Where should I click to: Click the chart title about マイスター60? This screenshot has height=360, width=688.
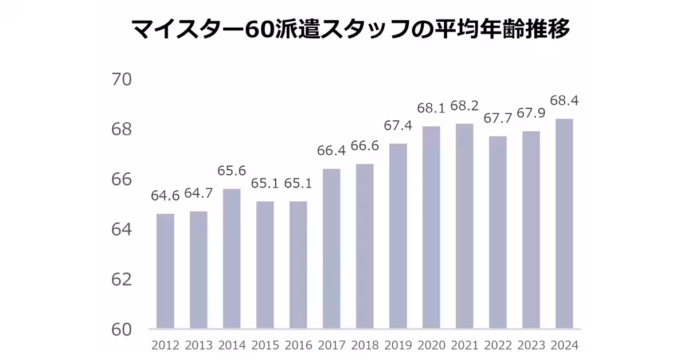351,29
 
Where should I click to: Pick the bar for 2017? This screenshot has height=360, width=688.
331,249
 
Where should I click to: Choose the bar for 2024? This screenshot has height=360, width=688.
564,224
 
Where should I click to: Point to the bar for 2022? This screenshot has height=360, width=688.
498,232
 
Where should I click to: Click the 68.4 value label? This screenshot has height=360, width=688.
564,101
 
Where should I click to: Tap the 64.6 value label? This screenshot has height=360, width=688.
165,196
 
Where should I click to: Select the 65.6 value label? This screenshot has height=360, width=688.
232,171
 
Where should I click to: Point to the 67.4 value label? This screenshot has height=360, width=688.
398,126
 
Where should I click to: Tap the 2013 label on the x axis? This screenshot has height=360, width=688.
198,345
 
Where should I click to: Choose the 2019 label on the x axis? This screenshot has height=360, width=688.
398,345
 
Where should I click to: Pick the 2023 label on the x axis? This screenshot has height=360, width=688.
531,345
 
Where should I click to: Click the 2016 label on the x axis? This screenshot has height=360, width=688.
298,345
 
